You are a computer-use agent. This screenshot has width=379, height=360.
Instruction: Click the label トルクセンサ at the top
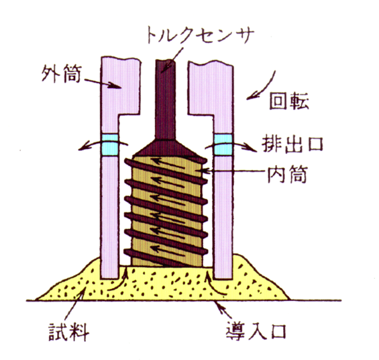pyautogui.click(x=201, y=36)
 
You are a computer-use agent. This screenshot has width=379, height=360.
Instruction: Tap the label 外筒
pyautogui.click(x=62, y=74)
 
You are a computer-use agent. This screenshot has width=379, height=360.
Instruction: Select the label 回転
pyautogui.click(x=289, y=101)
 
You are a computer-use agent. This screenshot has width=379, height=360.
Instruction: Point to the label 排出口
pyautogui.click(x=292, y=144)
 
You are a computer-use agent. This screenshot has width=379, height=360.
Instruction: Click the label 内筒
pyautogui.click(x=287, y=174)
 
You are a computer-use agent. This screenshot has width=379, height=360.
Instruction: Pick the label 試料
pyautogui.click(x=69, y=332)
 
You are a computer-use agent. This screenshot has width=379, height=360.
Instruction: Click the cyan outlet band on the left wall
pyautogui.click(x=110, y=144)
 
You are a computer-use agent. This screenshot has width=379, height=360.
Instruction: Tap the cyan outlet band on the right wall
pyautogui.click(x=223, y=144)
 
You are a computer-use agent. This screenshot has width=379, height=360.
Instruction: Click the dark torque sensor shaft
pyautogui.click(x=165, y=99)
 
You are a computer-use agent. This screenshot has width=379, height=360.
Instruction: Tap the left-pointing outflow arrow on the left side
pyautogui.click(x=103, y=144)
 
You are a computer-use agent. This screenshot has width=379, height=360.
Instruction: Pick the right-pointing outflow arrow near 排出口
pyautogui.click(x=231, y=146)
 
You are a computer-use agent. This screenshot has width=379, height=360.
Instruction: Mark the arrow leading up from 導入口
pyautogui.click(x=223, y=309)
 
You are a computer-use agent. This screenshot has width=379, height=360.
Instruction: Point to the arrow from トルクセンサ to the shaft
pyautogui.click(x=172, y=60)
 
